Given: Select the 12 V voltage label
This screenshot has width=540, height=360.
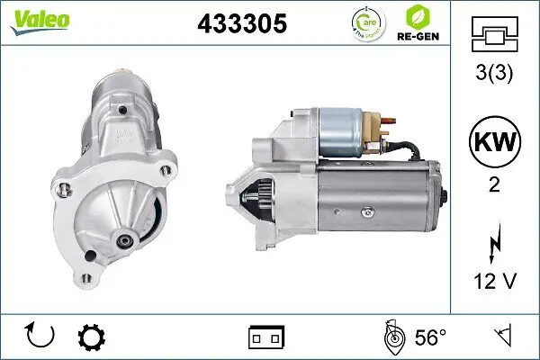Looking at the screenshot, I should [x=494, y=282].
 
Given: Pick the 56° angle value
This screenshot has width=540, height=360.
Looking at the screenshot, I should [x=431, y=337].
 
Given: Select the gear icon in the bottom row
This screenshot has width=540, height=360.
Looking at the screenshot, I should [x=92, y=337].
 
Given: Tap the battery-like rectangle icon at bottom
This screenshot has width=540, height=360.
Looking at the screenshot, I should [x=266, y=337].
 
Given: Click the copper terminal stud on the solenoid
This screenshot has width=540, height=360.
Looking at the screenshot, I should [x=387, y=121].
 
